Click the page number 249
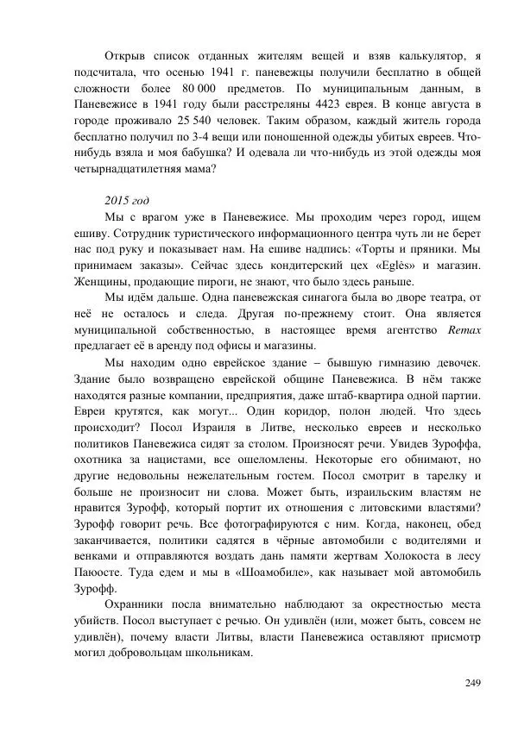pyautogui.click(x=471, y=684)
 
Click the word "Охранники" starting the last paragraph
pyautogui.click(x=136, y=614)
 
